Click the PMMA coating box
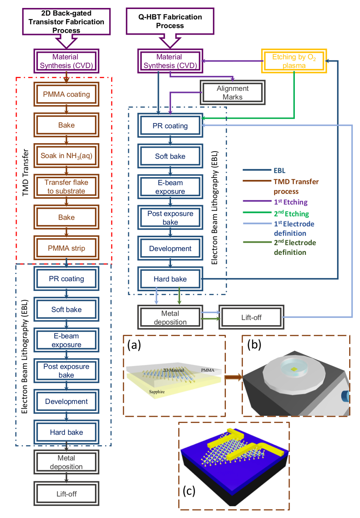[x=66, y=94]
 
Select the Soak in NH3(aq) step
[x=66, y=156]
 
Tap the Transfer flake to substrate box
[x=66, y=186]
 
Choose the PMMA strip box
[x=66, y=248]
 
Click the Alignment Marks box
[x=233, y=93]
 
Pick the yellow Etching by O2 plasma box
[x=294, y=61]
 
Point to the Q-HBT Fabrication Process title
[x=170, y=21]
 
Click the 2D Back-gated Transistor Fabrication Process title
[x=66, y=22]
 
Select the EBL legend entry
[x=279, y=171]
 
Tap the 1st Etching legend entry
[x=291, y=202]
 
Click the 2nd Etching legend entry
[x=291, y=214]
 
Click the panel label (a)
[x=134, y=345]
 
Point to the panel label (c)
[x=189, y=491]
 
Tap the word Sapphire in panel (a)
[x=157, y=392]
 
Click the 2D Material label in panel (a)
[x=173, y=370]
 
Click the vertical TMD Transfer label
[x=25, y=173]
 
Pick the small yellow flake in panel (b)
[x=294, y=369]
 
